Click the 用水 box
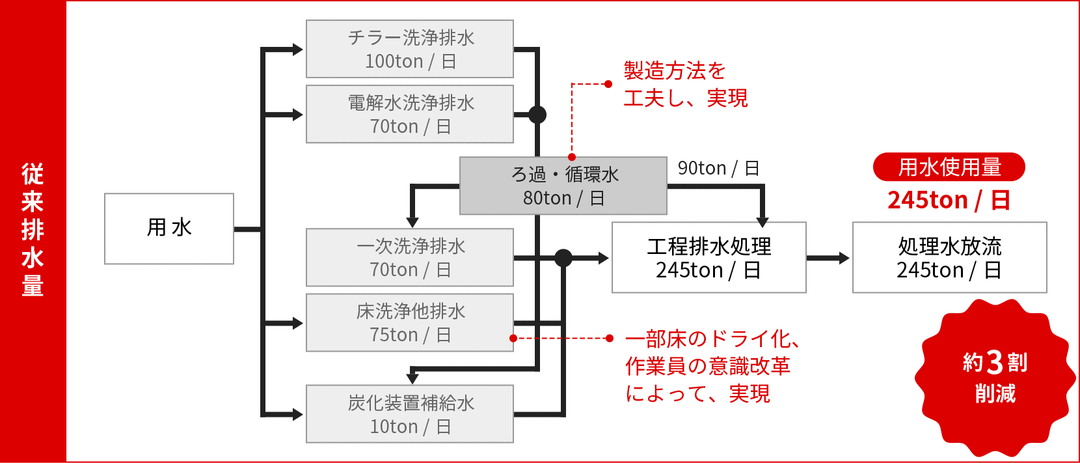tap(169, 229)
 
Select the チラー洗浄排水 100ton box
tap(410, 49)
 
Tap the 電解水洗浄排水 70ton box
tap(410, 114)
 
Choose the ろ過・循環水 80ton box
tap(563, 186)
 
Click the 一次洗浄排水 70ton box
tap(410, 257)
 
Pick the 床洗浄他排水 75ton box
tap(410, 322)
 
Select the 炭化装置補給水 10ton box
tap(410, 414)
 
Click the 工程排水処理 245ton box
tap(709, 257)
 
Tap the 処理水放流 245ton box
tap(950, 257)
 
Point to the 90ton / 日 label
tap(718, 169)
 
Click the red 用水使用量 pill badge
tap(949, 167)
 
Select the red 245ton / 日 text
tap(949, 200)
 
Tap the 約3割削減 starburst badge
tap(995, 378)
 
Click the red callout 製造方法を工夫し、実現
tap(686, 85)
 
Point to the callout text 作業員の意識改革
tap(708, 367)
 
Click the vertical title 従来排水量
tap(33, 229)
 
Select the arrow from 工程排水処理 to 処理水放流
tap(828, 258)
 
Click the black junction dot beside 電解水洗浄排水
tap(537, 115)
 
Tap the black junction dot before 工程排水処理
tap(563, 258)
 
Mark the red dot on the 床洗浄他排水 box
tap(513, 338)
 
